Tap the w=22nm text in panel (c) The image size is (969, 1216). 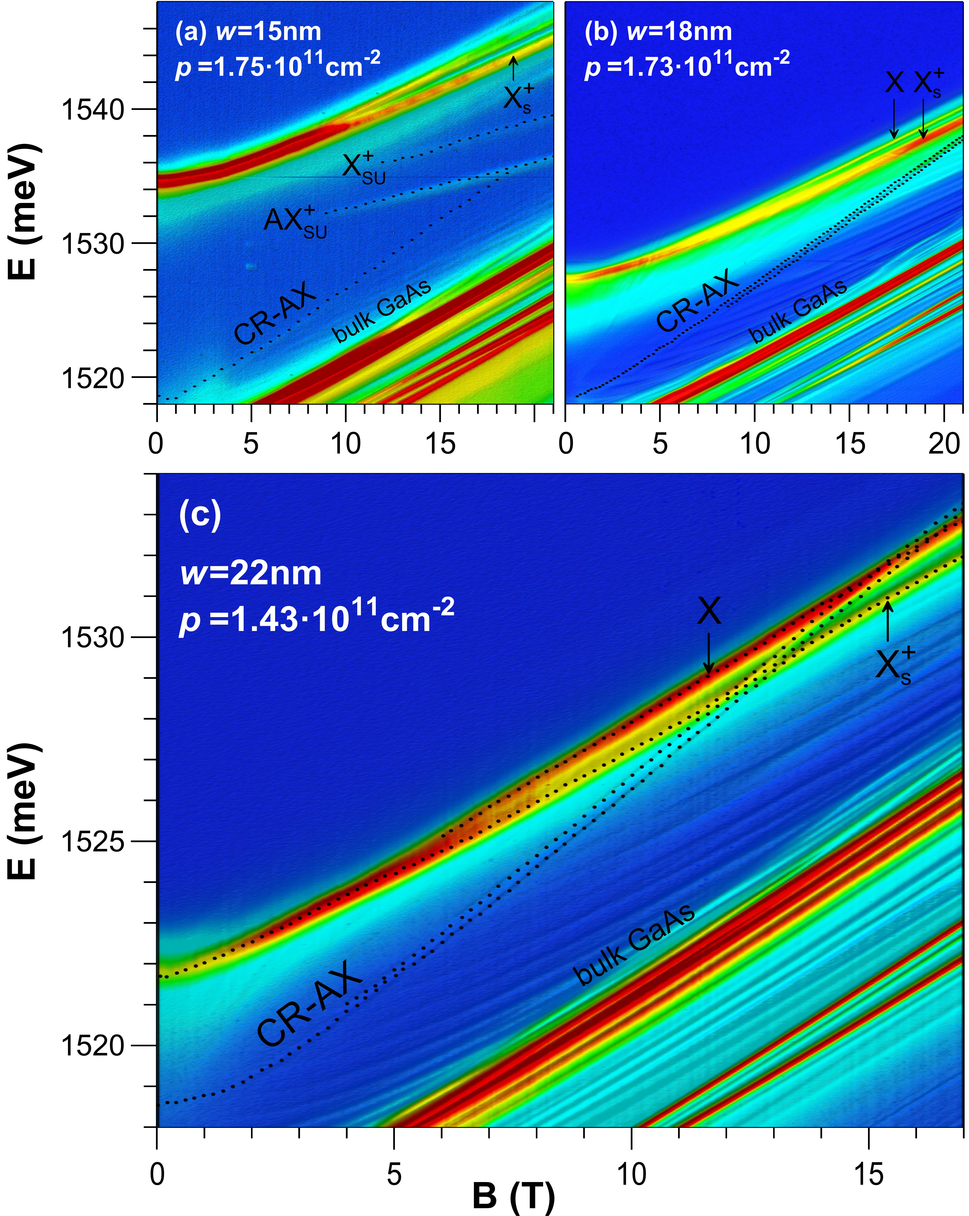coord(251,574)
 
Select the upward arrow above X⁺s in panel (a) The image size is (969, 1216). coord(513,68)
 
